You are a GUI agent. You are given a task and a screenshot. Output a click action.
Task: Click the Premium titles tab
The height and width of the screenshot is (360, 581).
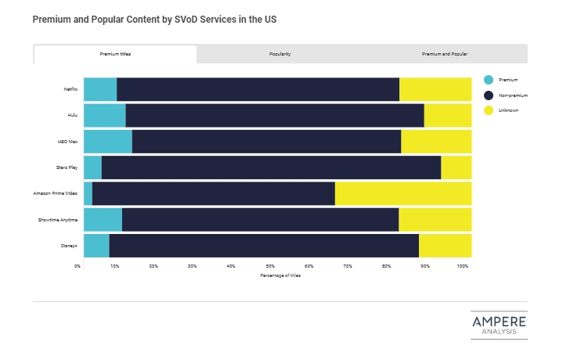[115, 54]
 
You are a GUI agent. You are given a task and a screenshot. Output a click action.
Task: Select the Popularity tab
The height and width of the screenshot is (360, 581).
[280, 54]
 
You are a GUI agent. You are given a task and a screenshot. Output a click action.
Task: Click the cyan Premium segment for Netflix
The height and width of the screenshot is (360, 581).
[100, 89]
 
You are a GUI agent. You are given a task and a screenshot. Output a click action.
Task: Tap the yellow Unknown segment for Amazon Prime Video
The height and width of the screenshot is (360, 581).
[402, 193]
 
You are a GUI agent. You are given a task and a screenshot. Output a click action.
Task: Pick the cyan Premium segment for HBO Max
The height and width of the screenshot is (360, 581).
[108, 142]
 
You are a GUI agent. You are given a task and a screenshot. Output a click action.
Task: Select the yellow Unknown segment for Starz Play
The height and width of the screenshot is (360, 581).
[456, 167]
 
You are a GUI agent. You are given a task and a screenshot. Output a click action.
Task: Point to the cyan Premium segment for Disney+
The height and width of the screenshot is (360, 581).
[96, 245]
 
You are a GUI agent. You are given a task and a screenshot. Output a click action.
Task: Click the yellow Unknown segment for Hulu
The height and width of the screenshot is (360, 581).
[447, 115]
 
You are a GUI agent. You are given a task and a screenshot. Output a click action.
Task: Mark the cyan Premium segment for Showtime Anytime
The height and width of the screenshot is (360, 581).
[103, 219]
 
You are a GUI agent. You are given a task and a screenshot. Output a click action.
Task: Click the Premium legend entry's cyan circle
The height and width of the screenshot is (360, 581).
[489, 80]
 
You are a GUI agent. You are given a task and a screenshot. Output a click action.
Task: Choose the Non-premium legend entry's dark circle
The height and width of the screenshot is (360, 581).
[489, 95]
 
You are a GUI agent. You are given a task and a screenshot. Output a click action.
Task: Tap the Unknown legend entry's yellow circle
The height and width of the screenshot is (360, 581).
[489, 110]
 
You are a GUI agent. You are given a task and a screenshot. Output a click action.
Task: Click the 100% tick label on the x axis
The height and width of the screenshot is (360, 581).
[463, 266]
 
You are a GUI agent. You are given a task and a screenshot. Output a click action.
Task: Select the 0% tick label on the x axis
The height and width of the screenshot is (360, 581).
[78, 266]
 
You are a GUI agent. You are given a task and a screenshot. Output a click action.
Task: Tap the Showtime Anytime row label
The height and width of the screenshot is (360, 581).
[58, 219]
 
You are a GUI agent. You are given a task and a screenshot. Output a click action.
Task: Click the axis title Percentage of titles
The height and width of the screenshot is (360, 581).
[280, 275]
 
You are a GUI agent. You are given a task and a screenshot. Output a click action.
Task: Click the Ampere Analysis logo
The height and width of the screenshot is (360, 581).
[499, 326]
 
